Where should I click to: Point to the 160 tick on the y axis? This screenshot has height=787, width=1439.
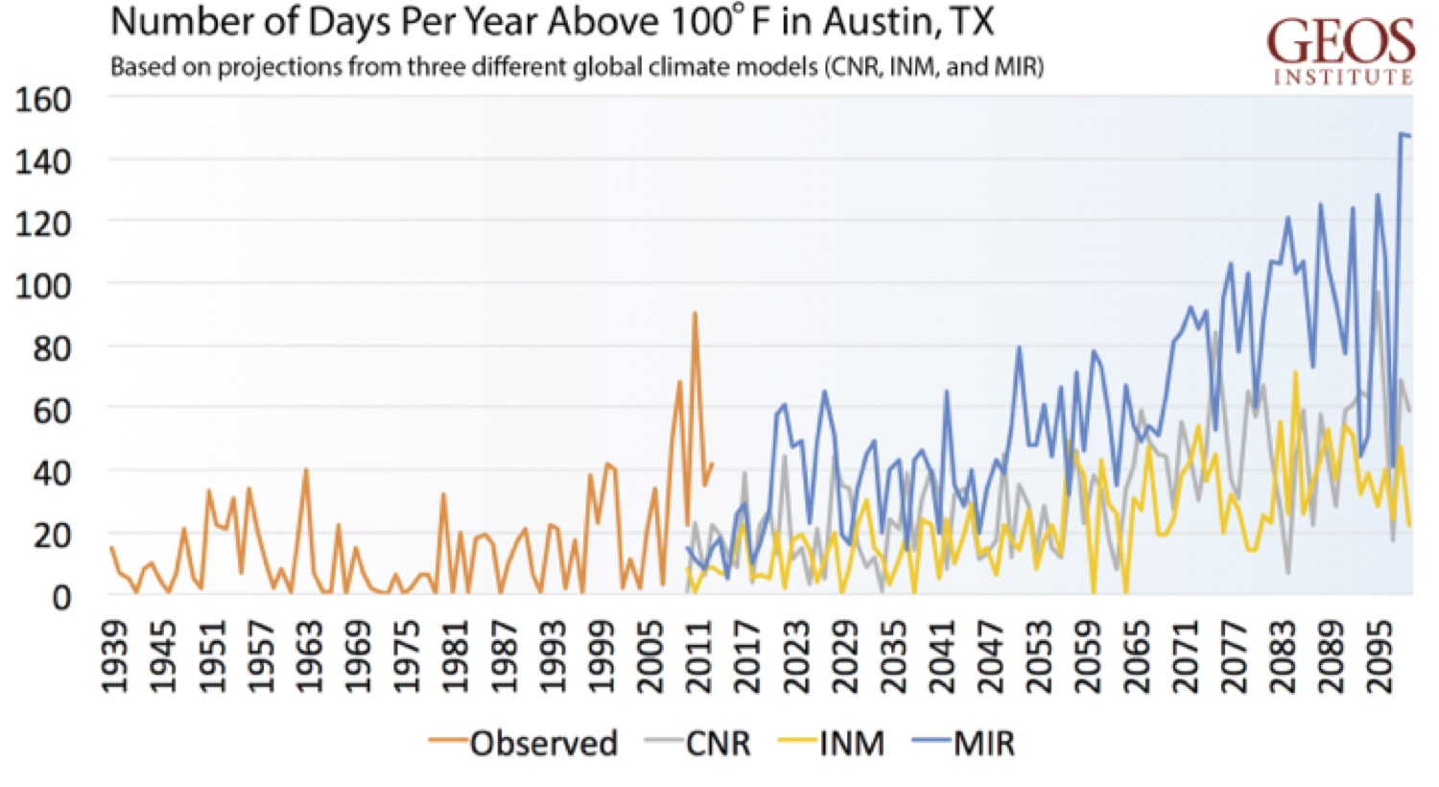click(43, 99)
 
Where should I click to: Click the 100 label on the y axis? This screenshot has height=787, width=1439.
click(43, 285)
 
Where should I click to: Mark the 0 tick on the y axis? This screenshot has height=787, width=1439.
click(60, 597)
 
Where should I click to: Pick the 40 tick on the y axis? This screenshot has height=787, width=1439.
click(51, 472)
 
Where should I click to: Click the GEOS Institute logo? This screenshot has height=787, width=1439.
click(1340, 50)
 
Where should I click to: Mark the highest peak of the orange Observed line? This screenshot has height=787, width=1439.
click(695, 313)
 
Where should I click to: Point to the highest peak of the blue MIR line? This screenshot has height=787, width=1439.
click(1402, 134)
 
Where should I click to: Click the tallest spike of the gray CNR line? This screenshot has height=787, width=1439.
click(1378, 292)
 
